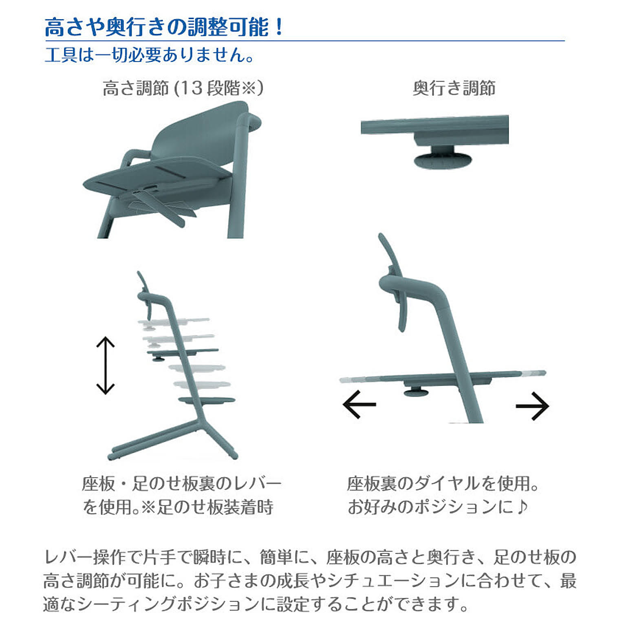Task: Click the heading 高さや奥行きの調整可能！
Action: tap(163, 27)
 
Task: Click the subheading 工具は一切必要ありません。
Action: tap(149, 55)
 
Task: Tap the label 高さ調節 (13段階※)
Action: tap(183, 88)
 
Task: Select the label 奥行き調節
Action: tap(454, 88)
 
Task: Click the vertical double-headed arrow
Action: tap(105, 365)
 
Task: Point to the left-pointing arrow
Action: tap(359, 404)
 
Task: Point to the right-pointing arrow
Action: tap(532, 406)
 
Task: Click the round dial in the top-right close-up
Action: tap(443, 159)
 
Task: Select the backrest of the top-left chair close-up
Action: tap(200, 134)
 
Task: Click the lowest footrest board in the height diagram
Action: tap(207, 400)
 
